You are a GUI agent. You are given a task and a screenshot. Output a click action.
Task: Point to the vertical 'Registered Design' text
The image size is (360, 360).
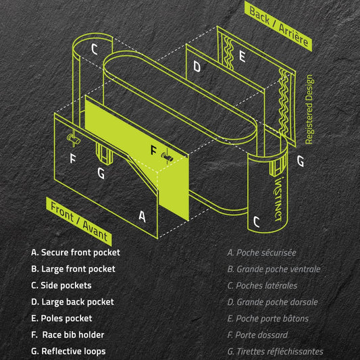[309, 109]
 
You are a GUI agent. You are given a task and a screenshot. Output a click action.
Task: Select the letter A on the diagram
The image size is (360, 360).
[142, 216]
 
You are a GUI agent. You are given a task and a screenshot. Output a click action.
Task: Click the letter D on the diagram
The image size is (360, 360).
[197, 66]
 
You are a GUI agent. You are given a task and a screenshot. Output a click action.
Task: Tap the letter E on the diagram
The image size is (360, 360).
[242, 57]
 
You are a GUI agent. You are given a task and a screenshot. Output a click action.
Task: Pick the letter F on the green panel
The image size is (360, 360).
[153, 149]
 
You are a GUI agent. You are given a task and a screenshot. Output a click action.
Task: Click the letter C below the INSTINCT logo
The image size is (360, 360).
[256, 221]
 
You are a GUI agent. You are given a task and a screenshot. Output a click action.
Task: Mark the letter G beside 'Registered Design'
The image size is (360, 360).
[300, 161]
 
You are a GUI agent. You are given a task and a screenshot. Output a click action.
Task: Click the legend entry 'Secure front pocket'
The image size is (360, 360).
[76, 253]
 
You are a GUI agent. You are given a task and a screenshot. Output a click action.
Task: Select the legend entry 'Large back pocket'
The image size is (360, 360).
[72, 302]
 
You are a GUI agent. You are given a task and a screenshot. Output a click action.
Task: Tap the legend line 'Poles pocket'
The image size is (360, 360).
[61, 318]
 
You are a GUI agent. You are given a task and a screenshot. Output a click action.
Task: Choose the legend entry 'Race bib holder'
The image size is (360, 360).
[68, 334]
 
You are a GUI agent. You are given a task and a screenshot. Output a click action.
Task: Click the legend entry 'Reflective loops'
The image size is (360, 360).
[68, 351]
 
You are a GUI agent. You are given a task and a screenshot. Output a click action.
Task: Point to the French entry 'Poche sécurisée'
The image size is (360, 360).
[261, 253]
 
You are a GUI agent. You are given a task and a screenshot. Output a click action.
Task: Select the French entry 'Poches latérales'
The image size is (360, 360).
[262, 286]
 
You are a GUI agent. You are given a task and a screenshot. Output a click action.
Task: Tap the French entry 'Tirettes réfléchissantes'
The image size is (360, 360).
[275, 351]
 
